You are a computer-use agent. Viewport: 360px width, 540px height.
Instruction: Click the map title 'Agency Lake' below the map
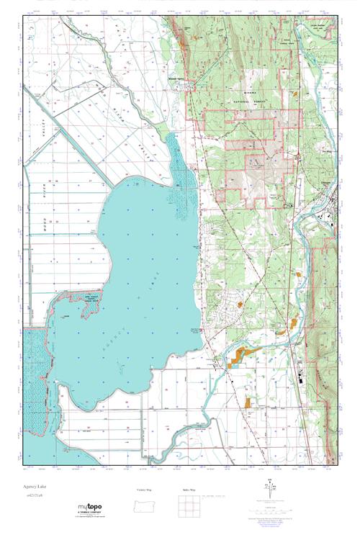pos(35,487)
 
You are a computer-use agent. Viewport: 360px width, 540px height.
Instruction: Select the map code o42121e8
pos(34,496)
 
